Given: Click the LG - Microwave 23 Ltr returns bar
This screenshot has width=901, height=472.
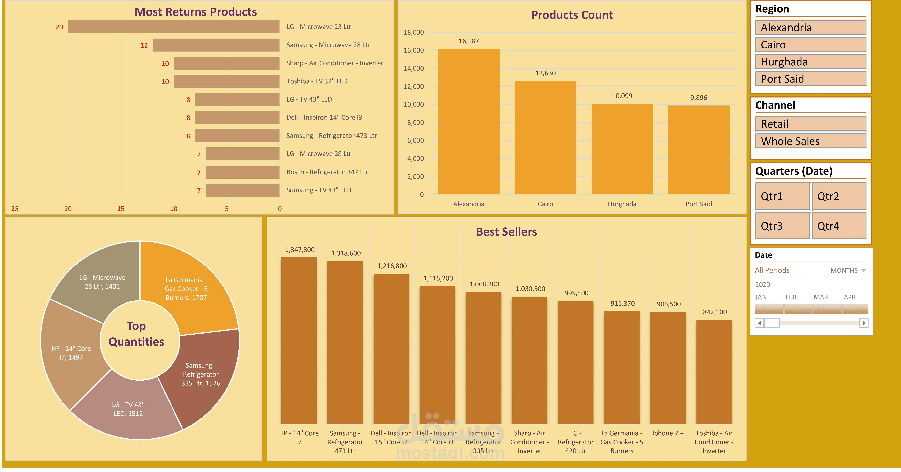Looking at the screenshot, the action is pyautogui.click(x=174, y=27).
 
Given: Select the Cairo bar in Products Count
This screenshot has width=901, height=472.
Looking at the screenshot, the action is pyautogui.click(x=545, y=138).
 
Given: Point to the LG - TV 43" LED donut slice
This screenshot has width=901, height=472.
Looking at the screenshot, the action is pyautogui.click(x=128, y=409).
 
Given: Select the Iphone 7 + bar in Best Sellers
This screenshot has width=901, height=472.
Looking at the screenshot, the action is pyautogui.click(x=668, y=368).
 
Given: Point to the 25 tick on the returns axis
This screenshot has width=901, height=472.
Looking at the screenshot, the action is pyautogui.click(x=15, y=209).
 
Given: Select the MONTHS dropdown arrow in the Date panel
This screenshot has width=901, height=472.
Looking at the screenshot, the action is pyautogui.click(x=864, y=270).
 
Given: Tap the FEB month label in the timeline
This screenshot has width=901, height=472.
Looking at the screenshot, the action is pyautogui.click(x=791, y=297).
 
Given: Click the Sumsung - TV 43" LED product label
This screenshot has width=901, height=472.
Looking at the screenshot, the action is pyautogui.click(x=319, y=190).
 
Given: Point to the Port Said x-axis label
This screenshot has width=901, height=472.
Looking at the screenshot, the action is pyautogui.click(x=698, y=204).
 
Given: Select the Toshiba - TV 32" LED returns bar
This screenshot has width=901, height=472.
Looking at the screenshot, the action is pyautogui.click(x=227, y=81).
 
